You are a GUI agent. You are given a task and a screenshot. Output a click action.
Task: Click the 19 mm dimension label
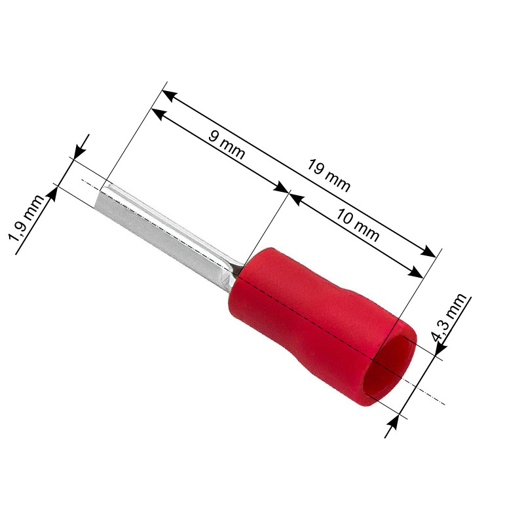tap(329, 176)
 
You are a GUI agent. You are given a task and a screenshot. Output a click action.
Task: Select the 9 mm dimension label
tap(226, 145)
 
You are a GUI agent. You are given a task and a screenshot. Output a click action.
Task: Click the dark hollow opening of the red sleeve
tap(392, 372)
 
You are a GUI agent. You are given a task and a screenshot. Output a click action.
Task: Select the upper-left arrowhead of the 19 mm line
tap(168, 94)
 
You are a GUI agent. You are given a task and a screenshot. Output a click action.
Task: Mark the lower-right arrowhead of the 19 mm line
tap(429, 253)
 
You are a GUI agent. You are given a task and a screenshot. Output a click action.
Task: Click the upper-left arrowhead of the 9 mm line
tap(157, 113)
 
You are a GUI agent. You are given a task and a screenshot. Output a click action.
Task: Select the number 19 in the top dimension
tap(317, 168)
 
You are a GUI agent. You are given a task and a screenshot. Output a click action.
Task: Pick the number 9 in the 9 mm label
tap(214, 137)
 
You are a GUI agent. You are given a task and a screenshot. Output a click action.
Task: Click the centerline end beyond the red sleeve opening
tap(442, 402)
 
